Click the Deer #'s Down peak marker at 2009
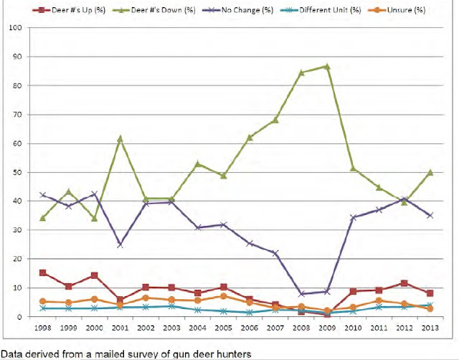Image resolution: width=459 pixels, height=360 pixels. pos(326,66)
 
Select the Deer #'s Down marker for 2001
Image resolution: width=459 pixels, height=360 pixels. pos(120,138)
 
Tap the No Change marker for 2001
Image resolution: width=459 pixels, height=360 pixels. pos(120,245)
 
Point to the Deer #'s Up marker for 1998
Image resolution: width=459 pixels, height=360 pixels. pos(43,273)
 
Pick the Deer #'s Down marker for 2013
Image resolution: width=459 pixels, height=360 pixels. pos(430,172)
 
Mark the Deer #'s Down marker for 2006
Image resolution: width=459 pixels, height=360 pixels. pos(249,137)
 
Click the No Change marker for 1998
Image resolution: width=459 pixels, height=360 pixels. pos(43,194)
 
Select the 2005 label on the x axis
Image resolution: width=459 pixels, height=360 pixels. pos(223,328)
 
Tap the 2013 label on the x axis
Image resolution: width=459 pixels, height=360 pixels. pos(430,328)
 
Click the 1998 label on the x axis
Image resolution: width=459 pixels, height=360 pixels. pos(43,328)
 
